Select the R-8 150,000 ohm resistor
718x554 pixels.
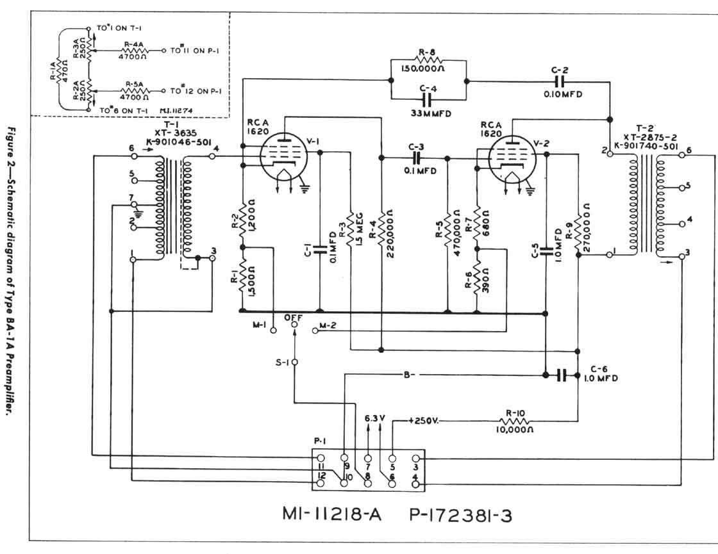tap(430, 60)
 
